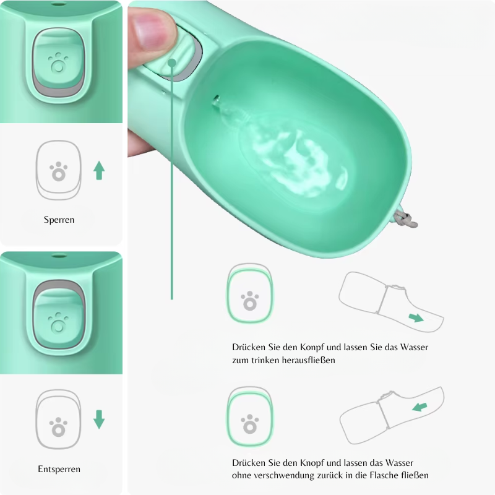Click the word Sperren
[x=59, y=220]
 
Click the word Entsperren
[x=59, y=469]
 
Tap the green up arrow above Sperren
[x=99, y=171]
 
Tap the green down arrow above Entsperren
[x=99, y=420]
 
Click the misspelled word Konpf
[x=312, y=347]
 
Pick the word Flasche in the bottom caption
[x=384, y=475]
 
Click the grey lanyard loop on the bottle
[x=407, y=219]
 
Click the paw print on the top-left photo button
[x=58, y=62]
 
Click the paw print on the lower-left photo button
[x=58, y=322]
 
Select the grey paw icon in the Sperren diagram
[x=58, y=171]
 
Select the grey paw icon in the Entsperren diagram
[x=58, y=427]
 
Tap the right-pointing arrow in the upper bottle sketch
[x=416, y=317]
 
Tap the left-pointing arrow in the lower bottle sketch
[x=420, y=407]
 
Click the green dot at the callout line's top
[x=172, y=63]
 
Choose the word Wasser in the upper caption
[x=414, y=347]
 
